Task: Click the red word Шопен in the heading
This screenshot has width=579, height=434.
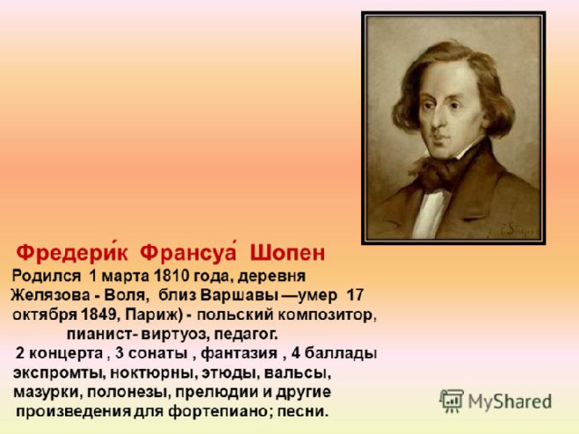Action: (288, 253)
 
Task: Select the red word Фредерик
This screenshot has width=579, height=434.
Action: (72, 252)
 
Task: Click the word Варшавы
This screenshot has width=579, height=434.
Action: (239, 296)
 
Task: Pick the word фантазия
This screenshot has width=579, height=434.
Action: (239, 354)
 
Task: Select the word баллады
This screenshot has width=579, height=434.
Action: (341, 354)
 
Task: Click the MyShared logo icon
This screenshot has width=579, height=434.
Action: (451, 401)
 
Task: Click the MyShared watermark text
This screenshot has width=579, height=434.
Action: (510, 401)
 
